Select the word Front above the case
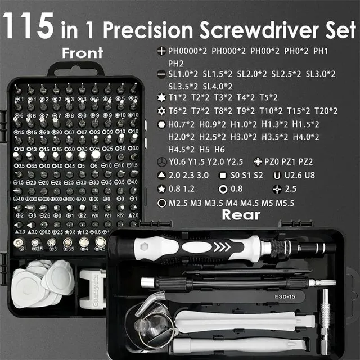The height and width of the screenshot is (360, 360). pos(83,53)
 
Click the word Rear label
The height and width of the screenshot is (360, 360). pos(241,214)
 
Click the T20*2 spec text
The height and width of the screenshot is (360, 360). pos(326,110)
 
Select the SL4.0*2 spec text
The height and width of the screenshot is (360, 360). pos(217,86)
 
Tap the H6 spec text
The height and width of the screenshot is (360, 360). pos(219,149)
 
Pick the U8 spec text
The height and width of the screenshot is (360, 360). pos(310,175)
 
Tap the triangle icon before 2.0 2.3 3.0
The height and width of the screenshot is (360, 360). pos(161,175)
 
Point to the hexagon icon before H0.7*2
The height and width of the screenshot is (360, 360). pos(161,124)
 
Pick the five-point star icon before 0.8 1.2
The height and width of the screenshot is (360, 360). pos(161,189)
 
